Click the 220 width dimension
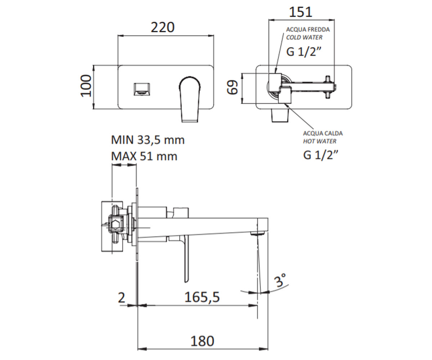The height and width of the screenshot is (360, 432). [x=163, y=27]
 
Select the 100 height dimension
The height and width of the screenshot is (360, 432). [x=86, y=86]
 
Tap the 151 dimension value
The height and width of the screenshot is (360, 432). [x=300, y=12]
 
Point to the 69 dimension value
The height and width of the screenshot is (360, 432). [x=233, y=87]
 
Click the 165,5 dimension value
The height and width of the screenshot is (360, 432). [x=202, y=297]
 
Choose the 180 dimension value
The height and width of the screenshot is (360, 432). [x=202, y=341]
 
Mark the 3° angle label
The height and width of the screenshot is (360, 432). [x=280, y=280]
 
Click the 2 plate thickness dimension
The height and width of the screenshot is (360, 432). [x=121, y=298]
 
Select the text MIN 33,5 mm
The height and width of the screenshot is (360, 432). [x=148, y=140]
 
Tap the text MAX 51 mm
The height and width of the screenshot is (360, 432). [x=144, y=156]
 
